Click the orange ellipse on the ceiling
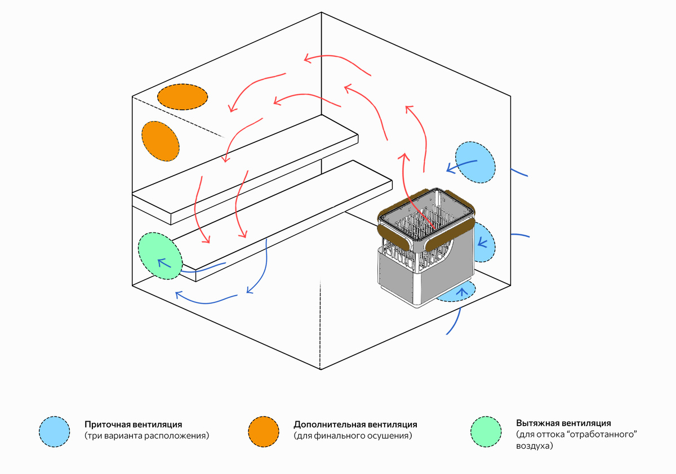[183, 97]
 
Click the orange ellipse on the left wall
[161, 141]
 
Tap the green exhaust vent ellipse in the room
[160, 256]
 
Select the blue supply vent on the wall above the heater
[475, 162]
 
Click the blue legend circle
[54, 431]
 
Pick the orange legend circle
[264, 431]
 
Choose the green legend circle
[486, 431]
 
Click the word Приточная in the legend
[108, 424]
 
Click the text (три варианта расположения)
[146, 436]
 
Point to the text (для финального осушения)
[353, 436]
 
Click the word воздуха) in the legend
[535, 446]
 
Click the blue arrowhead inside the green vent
[163, 263]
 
